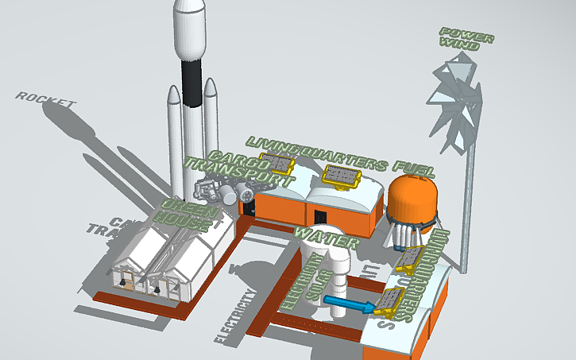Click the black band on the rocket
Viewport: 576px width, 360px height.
coord(191,84)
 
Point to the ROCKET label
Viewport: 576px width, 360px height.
coord(46,101)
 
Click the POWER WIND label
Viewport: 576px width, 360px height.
coord(467,39)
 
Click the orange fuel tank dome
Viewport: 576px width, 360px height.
coord(412,195)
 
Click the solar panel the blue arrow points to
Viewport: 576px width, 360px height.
coord(389,300)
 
